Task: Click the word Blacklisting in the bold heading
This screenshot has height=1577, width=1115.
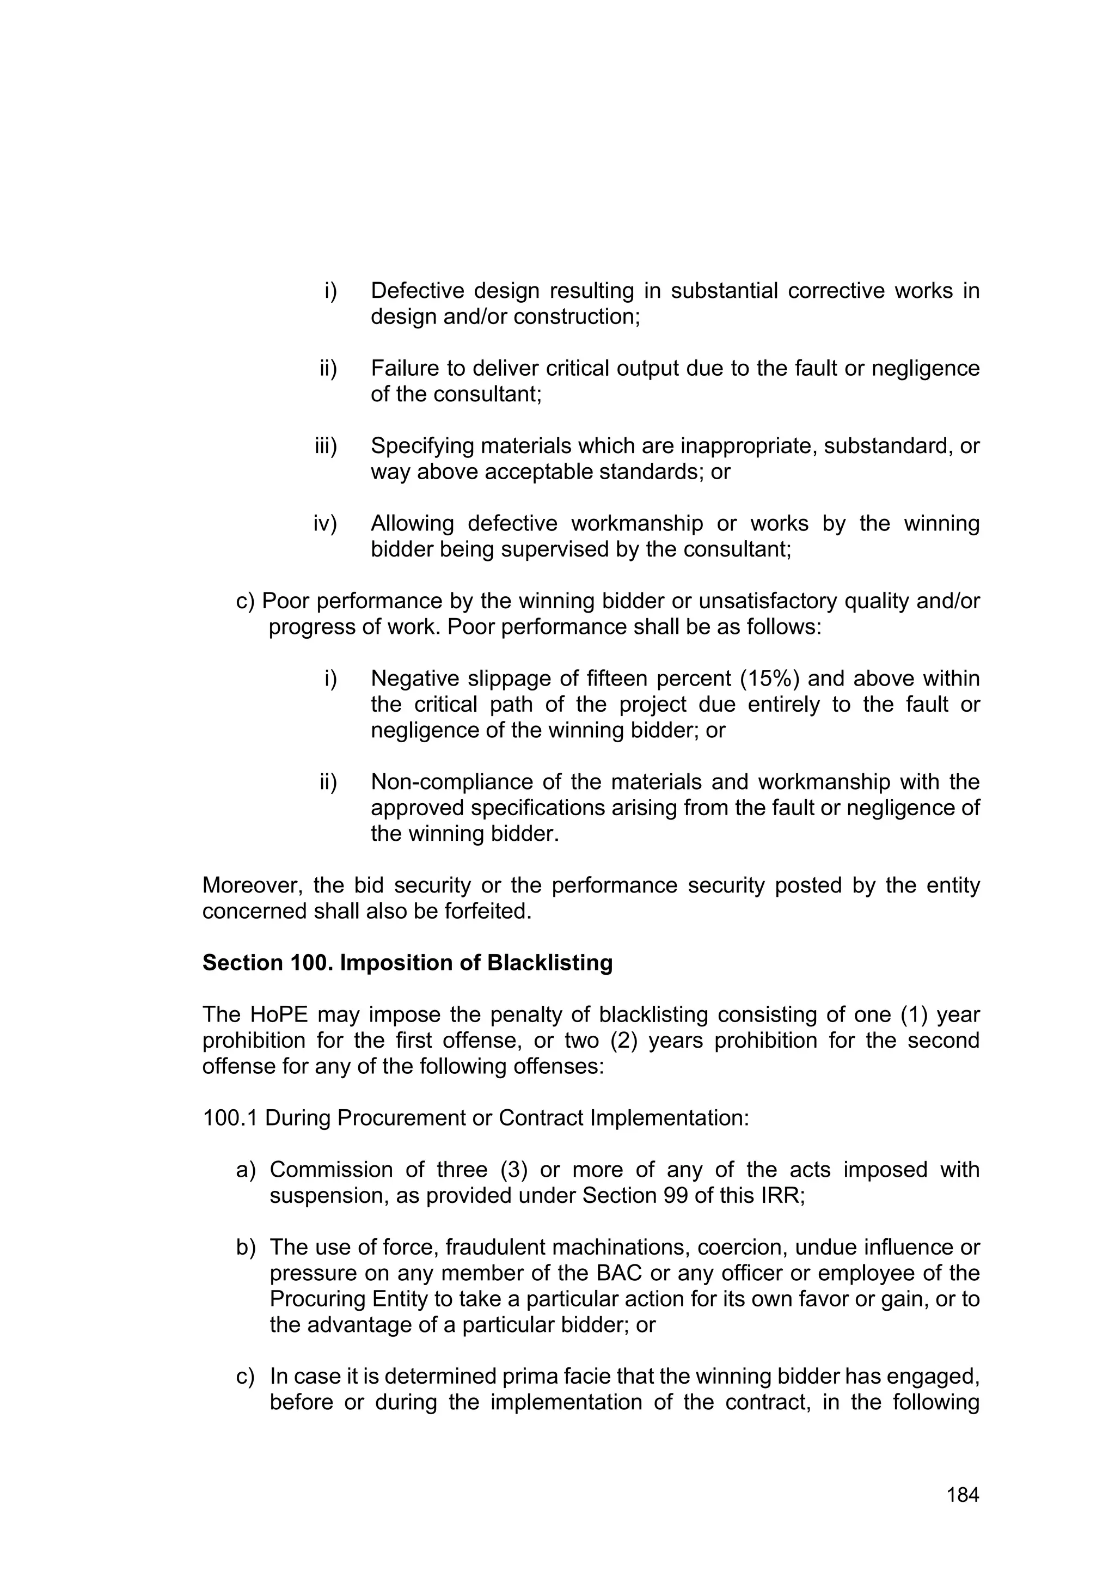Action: pyautogui.click(x=549, y=963)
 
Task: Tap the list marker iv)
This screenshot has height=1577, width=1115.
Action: pyautogui.click(x=326, y=524)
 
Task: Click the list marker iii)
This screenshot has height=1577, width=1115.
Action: pyautogui.click(x=326, y=447)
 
